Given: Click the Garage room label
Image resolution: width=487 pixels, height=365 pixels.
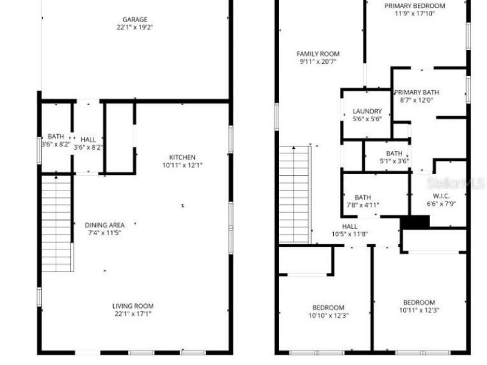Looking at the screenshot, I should tap(134, 19).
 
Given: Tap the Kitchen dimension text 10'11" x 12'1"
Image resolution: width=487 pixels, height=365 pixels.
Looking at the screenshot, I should tap(179, 165).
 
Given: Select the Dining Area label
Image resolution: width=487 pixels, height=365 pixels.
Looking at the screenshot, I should tap(104, 225).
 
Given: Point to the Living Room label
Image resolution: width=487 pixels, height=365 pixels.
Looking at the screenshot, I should tap(133, 306).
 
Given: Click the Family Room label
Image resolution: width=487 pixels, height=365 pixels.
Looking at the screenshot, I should tap(318, 54).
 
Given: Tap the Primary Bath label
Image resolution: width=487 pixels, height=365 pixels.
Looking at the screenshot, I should tap(416, 92).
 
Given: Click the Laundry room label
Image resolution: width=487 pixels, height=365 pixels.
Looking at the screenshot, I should tap(367, 111).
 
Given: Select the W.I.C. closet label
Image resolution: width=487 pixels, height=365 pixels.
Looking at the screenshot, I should tap(442, 196).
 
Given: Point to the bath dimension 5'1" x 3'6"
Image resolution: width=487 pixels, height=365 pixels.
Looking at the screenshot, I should tap(394, 161).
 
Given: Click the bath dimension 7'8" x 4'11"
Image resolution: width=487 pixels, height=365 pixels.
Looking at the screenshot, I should tap(363, 205).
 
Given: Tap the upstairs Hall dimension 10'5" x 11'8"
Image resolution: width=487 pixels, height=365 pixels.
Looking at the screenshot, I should tap(350, 234).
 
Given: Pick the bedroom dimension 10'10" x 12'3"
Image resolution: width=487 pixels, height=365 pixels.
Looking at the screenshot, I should tap(328, 315).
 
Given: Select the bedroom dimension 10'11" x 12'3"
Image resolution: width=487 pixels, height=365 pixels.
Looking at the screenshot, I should tap(419, 310).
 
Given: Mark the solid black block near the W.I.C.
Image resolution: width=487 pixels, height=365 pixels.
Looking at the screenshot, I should tap(414, 221).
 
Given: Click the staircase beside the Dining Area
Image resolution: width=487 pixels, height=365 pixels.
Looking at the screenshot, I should tap(57, 222).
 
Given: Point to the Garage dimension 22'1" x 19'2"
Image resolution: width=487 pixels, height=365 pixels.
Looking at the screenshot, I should tap(134, 27).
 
